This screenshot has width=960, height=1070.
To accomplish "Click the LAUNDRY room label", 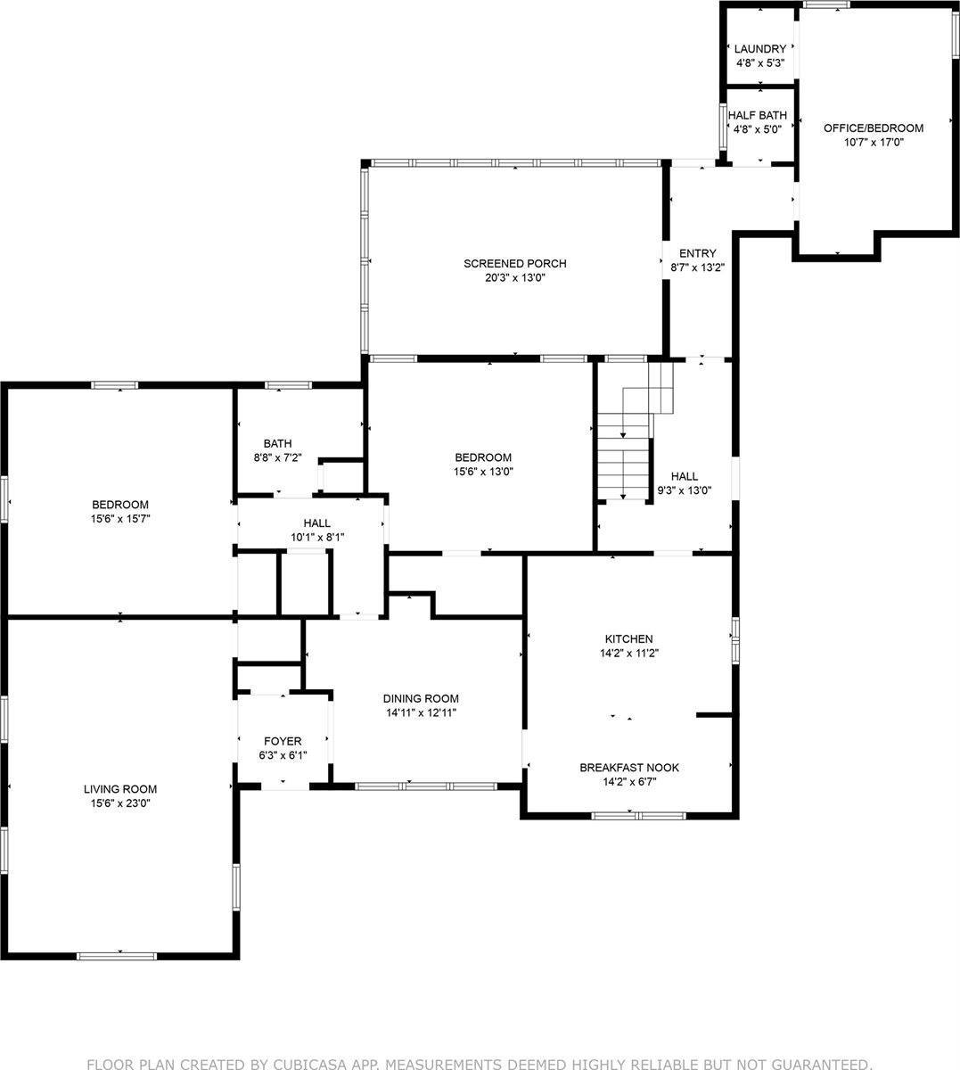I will pos(760,49).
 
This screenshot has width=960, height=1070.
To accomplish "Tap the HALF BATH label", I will pos(757,115).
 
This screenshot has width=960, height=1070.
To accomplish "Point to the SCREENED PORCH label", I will pos(514,264).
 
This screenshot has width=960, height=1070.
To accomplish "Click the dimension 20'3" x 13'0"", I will pos(514,277).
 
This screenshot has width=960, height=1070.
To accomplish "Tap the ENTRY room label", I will pos(697,254).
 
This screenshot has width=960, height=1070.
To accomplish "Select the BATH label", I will pos(277,444).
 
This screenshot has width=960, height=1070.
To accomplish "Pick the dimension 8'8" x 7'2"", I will pos(277,457).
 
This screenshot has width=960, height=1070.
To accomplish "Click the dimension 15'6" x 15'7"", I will pos(120,518).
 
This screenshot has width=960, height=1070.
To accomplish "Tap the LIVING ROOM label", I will pos(120,789).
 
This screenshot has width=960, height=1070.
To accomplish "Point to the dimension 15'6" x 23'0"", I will pos(120,802).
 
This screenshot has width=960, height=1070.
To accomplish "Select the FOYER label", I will pos(283,741).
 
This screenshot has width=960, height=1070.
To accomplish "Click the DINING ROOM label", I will pos(421,699).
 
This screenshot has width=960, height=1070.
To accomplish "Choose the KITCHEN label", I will pos(629,639).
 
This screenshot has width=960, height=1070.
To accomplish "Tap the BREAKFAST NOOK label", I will pos(629,768).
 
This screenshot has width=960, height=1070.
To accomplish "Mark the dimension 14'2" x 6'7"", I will pos(629,782).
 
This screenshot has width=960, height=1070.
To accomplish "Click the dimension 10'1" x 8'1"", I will pos(316,537).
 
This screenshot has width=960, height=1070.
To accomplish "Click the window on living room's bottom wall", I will pos(117,956).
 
